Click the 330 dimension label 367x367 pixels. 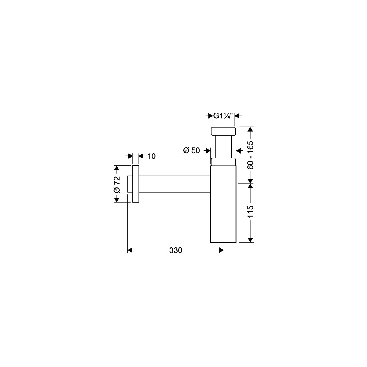(x=176, y=250)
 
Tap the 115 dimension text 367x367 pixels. (x=250, y=211)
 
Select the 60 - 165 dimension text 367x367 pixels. (x=250, y=155)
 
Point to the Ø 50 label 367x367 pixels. (x=191, y=150)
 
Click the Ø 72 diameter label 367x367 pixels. (x=117, y=184)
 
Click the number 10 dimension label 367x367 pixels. (x=151, y=156)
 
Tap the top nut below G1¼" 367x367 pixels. (x=223, y=131)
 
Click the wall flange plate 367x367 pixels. (x=136, y=184)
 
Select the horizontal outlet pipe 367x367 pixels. (x=175, y=184)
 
